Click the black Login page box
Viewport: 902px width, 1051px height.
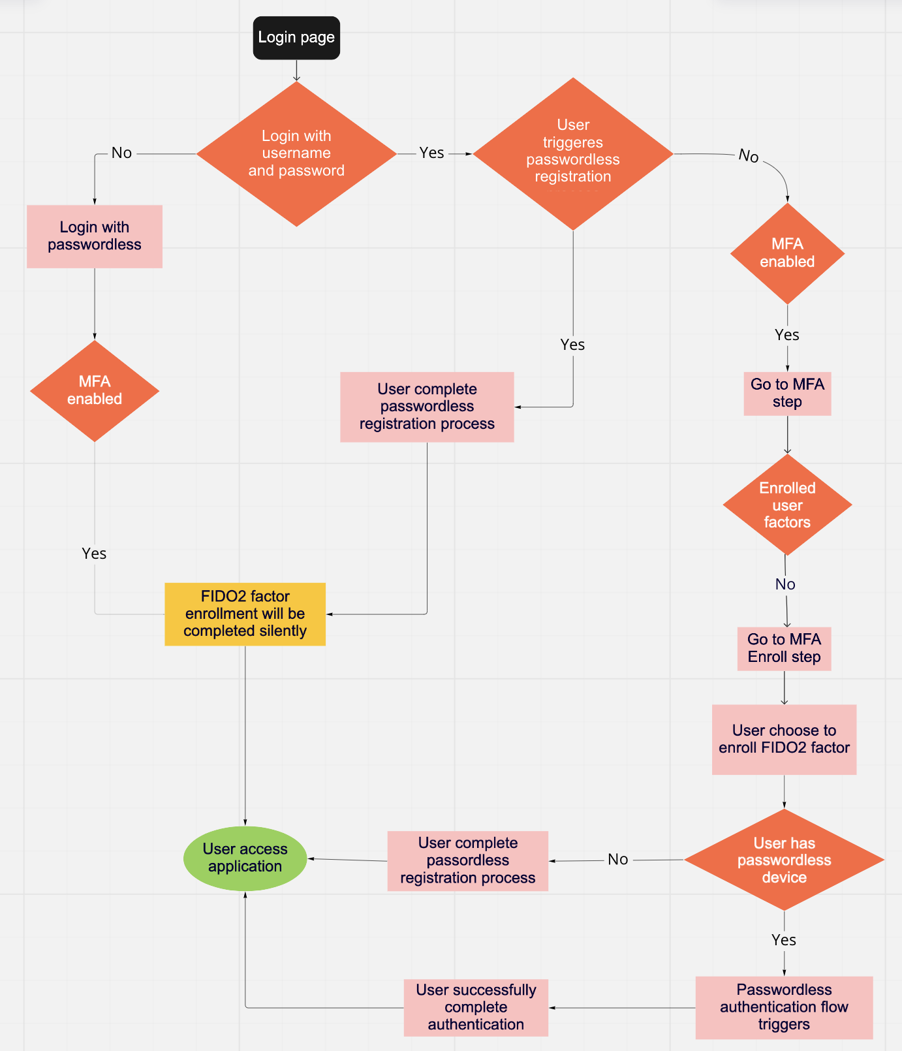[296, 38]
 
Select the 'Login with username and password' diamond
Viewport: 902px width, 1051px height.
[296, 153]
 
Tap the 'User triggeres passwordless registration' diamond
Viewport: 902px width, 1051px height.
[573, 153]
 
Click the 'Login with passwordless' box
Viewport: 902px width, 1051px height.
[95, 236]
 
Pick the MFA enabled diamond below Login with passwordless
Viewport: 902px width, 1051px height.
[95, 390]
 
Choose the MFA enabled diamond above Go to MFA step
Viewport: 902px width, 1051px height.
[787, 253]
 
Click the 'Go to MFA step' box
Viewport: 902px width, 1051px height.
[787, 393]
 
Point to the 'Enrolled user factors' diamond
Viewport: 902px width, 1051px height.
[787, 505]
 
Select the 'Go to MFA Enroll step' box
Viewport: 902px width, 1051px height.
[784, 648]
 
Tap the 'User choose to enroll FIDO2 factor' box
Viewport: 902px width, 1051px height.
[784, 739]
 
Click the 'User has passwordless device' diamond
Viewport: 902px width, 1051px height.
[784, 860]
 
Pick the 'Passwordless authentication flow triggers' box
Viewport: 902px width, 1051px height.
[784, 1007]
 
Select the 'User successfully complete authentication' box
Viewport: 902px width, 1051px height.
[476, 1007]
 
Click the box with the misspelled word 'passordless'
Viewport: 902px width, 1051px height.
[467, 860]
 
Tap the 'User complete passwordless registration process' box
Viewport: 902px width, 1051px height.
[427, 407]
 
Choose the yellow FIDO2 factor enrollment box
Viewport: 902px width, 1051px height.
[245, 614]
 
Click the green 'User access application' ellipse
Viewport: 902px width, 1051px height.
[245, 858]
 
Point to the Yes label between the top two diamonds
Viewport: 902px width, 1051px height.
[431, 153]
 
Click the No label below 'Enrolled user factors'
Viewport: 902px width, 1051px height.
[785, 584]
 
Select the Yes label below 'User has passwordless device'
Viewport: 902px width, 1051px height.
[784, 940]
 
